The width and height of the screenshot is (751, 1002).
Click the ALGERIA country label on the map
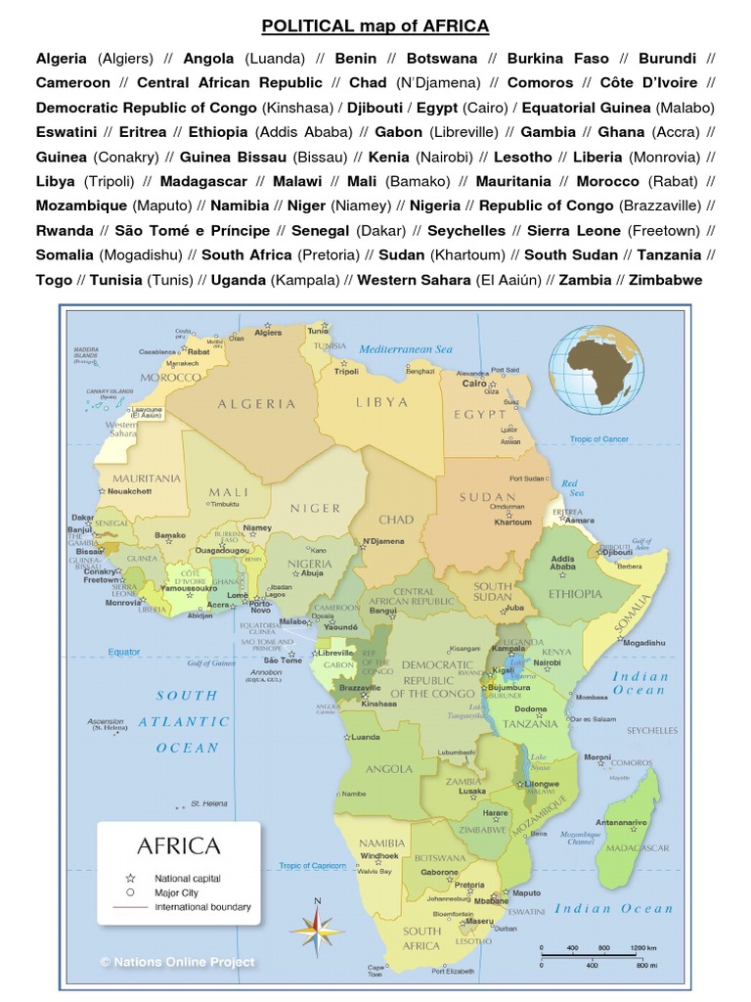coord(257,403)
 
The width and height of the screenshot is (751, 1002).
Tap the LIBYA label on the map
coord(382,401)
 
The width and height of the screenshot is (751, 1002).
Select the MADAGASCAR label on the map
coord(641,847)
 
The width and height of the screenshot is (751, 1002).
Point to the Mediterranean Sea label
coord(406,349)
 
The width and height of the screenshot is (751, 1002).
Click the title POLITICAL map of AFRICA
coord(375,25)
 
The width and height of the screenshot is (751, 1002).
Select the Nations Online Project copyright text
coord(177,962)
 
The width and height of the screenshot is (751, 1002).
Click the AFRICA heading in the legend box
coord(179,845)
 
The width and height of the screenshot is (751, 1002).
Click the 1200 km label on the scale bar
coord(644,948)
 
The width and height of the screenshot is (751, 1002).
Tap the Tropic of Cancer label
coord(599,439)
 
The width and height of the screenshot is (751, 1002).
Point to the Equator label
coord(124,652)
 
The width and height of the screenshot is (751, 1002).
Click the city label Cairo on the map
coord(474,384)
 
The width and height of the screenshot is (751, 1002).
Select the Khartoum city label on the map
coord(512,523)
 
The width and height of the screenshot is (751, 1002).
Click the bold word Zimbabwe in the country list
coord(665,280)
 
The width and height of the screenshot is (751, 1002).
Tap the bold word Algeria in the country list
coord(62,59)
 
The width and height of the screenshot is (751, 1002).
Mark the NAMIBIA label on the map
coord(382,843)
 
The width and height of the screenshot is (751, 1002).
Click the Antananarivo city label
coord(622,795)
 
